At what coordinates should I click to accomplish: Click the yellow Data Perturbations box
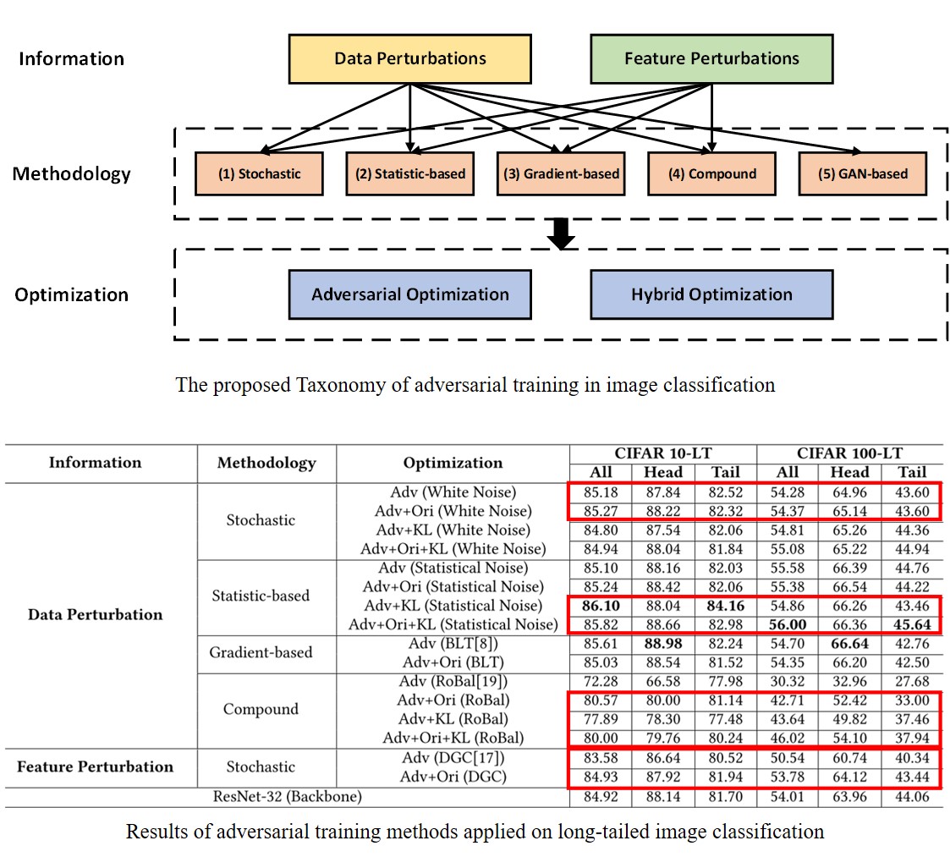click(x=410, y=58)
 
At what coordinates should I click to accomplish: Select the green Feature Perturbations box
click(x=711, y=58)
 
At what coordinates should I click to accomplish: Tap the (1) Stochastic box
click(x=259, y=174)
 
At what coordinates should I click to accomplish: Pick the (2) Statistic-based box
click(x=410, y=174)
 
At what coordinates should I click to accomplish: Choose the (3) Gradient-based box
click(x=561, y=174)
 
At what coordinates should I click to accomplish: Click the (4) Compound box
click(x=712, y=174)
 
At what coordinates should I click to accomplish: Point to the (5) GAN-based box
click(x=863, y=174)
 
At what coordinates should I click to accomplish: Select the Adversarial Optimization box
click(x=410, y=294)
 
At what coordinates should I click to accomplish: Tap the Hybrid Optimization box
click(x=711, y=294)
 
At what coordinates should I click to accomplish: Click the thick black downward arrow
click(x=560, y=235)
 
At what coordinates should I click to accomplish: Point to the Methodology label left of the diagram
click(x=71, y=174)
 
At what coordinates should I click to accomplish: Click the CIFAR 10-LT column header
click(x=662, y=453)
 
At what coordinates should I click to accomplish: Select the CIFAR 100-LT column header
click(x=849, y=453)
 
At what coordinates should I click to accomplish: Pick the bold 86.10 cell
click(x=600, y=606)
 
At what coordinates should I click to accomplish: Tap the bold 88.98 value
click(x=662, y=644)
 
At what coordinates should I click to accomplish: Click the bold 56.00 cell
click(x=787, y=625)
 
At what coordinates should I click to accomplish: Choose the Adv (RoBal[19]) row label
click(x=453, y=681)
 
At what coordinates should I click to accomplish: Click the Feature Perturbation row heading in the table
click(x=95, y=767)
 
